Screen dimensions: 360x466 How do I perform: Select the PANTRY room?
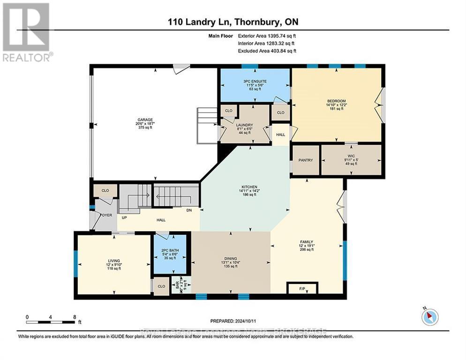[306, 160]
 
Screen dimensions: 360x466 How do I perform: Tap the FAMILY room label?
[307, 242]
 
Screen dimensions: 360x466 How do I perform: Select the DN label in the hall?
[189, 210]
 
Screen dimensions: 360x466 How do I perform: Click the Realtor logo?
[27, 32]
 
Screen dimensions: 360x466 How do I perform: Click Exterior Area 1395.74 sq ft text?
[267, 35]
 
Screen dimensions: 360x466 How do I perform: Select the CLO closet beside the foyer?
[105, 191]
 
